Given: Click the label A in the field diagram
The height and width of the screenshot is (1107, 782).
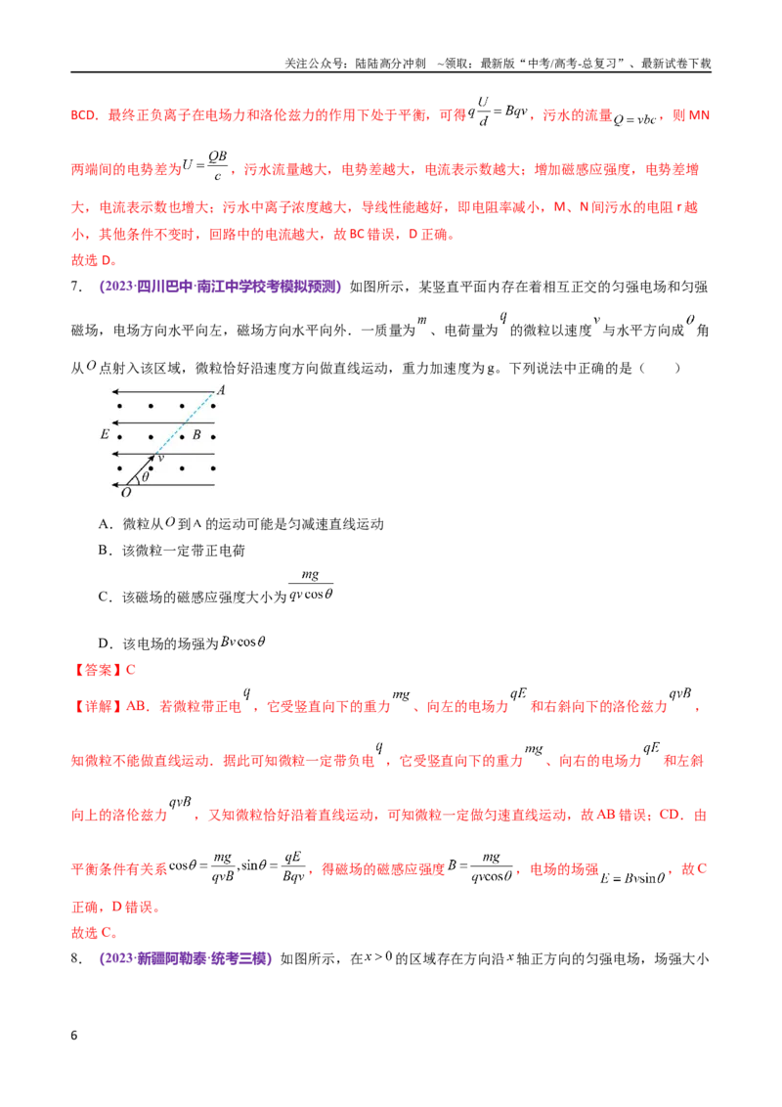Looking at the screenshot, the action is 221,390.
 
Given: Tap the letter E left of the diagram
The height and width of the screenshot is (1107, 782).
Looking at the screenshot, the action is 105,434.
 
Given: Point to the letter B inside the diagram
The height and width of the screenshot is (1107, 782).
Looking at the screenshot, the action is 196,435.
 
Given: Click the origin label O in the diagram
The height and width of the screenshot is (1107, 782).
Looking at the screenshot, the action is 126,493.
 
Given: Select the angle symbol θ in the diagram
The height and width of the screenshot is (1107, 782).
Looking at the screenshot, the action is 146,476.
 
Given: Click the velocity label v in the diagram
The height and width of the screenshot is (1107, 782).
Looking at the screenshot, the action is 161,459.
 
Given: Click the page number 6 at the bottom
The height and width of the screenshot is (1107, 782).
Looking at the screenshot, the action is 74,1035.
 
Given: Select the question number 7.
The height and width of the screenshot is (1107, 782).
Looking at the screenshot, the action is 76,287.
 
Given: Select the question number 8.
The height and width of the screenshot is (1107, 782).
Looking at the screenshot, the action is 76,958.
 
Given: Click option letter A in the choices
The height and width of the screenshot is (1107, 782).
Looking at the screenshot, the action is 105,524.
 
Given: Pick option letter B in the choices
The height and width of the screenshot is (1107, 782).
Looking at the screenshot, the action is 104,551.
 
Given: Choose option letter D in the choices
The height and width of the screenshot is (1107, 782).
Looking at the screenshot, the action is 105,643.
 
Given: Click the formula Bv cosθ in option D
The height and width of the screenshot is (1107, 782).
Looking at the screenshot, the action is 242,642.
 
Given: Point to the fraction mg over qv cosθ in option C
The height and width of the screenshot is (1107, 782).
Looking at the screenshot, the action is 311,585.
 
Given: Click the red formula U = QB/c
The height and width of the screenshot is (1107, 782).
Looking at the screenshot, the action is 205,165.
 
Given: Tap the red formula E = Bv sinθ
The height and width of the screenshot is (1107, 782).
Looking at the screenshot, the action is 633,878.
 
